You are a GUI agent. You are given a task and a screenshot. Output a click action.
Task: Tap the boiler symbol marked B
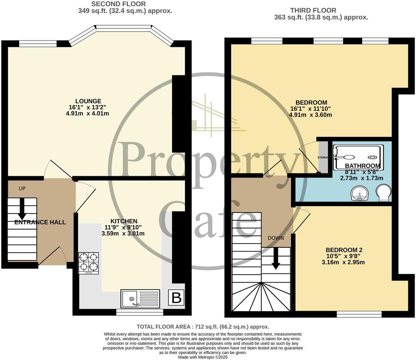point(176,298)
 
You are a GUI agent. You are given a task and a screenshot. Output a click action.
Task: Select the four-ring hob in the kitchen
point(88,263)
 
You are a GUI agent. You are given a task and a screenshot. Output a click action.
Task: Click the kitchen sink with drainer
point(140,298)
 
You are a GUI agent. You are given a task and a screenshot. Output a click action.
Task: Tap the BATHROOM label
point(362,166)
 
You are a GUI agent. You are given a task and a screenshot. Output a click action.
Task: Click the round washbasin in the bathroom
point(359,193)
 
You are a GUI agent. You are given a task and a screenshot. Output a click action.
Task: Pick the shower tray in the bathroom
point(358,157)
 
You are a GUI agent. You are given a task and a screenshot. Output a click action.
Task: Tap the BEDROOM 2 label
point(344,250)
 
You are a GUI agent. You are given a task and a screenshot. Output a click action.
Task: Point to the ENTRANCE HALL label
point(40,222)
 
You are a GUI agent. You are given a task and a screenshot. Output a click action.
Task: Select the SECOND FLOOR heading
point(113,4)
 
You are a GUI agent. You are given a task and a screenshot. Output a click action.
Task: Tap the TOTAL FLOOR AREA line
point(203,327)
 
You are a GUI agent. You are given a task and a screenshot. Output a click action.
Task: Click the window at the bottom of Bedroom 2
point(359,314)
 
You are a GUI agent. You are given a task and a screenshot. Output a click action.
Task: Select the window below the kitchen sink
point(139,312)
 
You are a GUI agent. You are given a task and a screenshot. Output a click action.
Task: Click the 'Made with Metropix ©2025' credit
point(203,357)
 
